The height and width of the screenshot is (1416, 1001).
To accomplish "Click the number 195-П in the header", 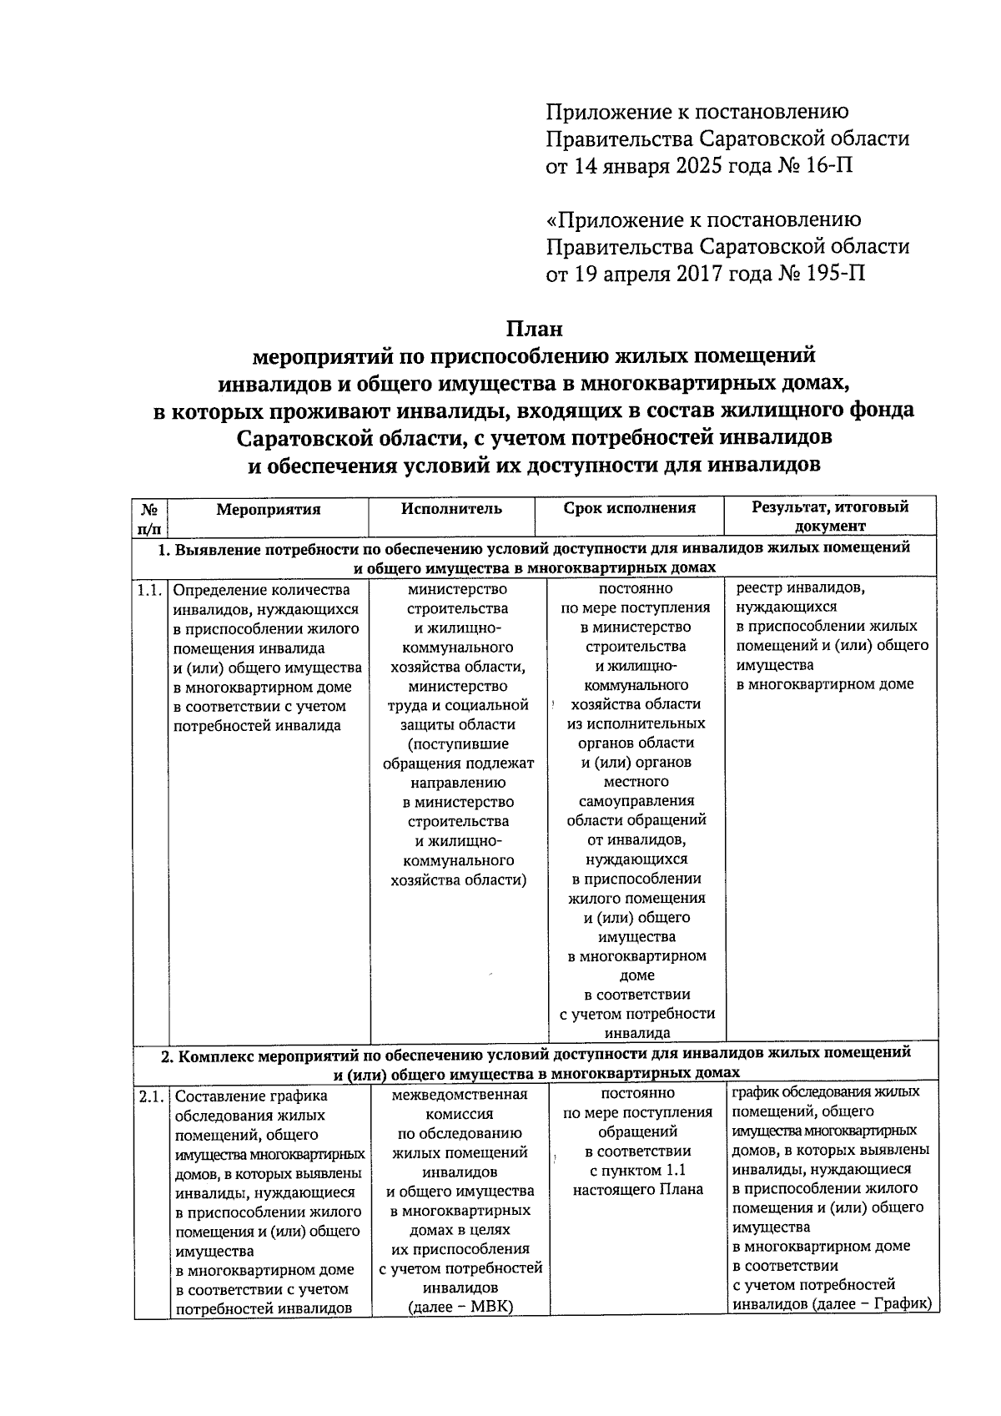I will click(833, 274).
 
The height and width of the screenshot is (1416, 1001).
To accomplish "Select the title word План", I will click(534, 329).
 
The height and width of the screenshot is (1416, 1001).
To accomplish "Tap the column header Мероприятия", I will click(268, 510).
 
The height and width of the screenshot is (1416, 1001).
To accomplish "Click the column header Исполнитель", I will click(451, 509).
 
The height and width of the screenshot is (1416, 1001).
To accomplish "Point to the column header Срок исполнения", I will click(629, 508).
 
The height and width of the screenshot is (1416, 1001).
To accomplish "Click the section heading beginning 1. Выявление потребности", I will click(534, 557).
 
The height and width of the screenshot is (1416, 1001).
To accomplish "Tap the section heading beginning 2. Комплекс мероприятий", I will click(534, 1062).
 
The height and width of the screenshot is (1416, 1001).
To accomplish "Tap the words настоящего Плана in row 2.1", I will click(637, 1190).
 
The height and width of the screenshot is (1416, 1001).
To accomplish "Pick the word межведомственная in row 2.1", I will click(459, 1094).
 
